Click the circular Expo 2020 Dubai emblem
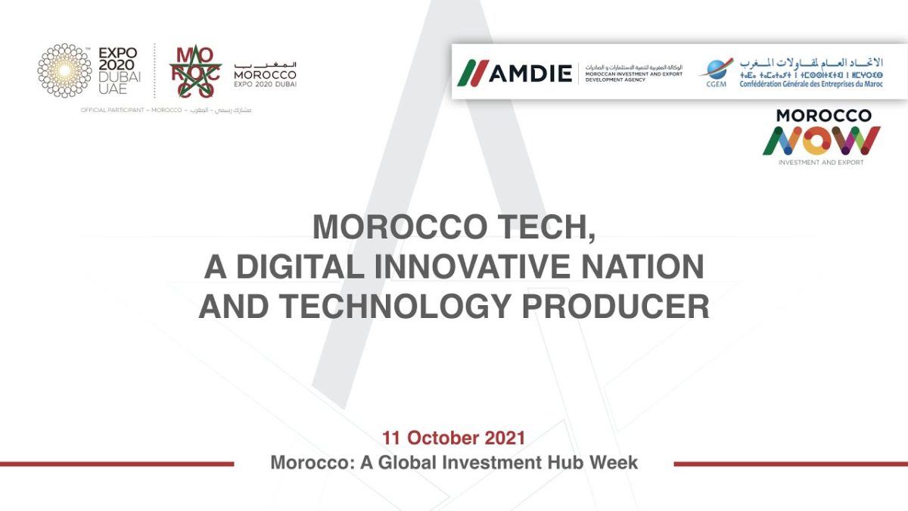click(64, 70)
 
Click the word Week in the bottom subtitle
click(616, 462)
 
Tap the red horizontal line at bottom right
click(790, 464)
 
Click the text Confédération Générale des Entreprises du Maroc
click(811, 83)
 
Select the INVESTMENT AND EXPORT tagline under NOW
click(821, 162)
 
